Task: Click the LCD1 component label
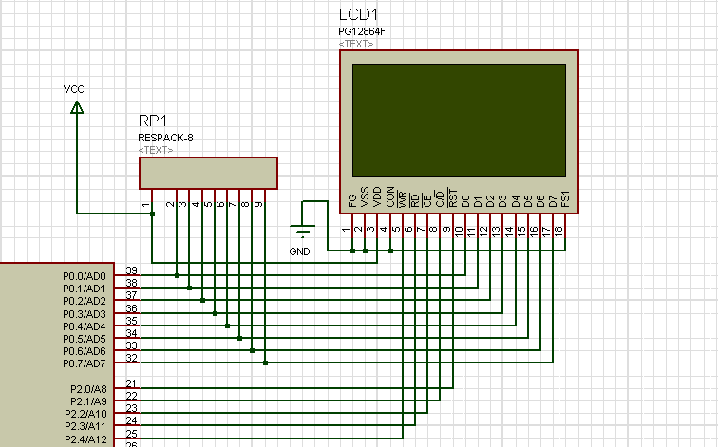point(360,16)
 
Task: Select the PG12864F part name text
point(362,32)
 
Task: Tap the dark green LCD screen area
point(459,118)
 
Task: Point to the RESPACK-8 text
point(165,138)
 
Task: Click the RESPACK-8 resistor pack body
point(208,173)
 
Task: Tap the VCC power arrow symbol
point(76,108)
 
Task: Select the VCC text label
point(74,89)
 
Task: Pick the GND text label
point(299,251)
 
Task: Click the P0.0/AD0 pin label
point(85,276)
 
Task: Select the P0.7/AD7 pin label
point(85,363)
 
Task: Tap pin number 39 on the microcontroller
point(132,270)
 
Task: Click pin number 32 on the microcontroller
point(132,358)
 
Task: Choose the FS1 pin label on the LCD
point(566,200)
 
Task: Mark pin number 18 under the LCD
point(559,230)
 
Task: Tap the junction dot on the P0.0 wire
point(178,276)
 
